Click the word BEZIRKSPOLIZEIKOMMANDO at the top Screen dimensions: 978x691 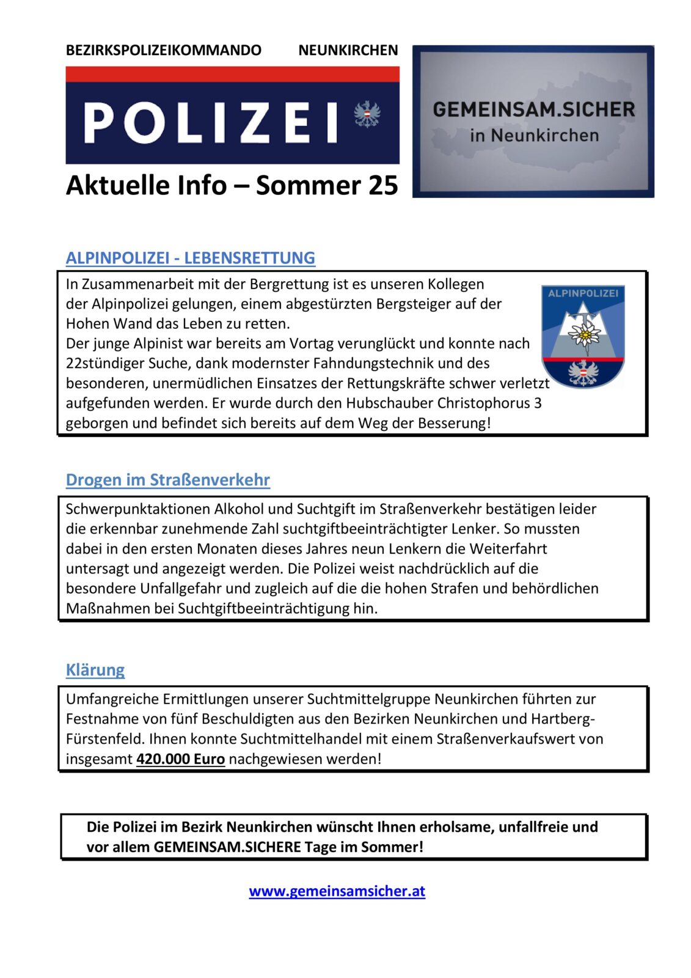point(163,50)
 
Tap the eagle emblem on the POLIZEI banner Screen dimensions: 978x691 point(367,114)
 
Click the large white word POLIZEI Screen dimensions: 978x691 point(210,122)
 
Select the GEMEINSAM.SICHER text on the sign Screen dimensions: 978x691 point(533,109)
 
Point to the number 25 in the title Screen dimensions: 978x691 point(382,185)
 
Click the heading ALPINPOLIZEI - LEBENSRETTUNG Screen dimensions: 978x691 point(190,258)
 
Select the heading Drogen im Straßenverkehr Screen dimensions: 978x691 point(167,480)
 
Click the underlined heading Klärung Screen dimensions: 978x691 point(95,670)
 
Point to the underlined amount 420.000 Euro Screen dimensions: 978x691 point(180,759)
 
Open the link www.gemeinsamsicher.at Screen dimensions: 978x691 point(337,891)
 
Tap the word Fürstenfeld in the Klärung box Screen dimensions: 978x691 point(105,739)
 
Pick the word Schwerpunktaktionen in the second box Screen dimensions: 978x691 point(137,509)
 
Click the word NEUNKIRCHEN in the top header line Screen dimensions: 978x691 point(348,50)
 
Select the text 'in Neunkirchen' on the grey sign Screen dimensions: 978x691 point(533,135)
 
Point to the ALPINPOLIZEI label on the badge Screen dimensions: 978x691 point(583,293)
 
